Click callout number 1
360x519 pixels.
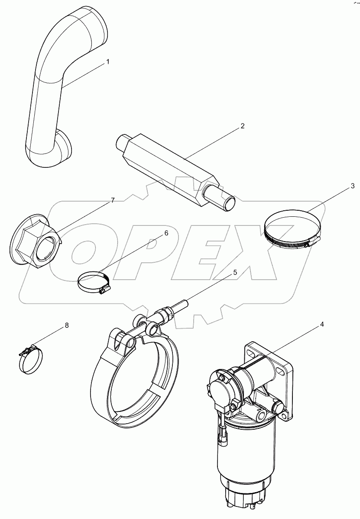(x=108, y=62)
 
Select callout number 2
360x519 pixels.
(x=243, y=126)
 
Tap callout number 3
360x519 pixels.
(x=353, y=186)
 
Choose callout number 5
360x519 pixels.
(x=235, y=273)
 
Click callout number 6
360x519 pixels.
(x=165, y=233)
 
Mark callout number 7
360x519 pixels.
(x=113, y=200)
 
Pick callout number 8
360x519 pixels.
(x=67, y=325)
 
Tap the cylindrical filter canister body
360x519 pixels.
(x=243, y=451)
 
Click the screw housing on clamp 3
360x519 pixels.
(x=307, y=244)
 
